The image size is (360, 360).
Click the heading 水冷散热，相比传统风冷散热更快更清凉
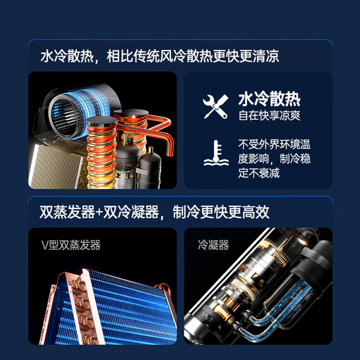[x=160, y=56]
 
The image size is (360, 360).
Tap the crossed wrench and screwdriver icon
[x=216, y=107]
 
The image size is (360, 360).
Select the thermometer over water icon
[x=216, y=153]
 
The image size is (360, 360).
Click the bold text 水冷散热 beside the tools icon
[x=269, y=99]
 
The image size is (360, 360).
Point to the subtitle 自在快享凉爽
[x=269, y=116]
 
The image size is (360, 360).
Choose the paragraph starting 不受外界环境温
[x=274, y=159]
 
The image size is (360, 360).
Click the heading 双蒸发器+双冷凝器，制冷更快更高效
[x=154, y=212]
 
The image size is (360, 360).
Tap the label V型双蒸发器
[x=71, y=245]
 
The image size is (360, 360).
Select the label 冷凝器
[x=213, y=245]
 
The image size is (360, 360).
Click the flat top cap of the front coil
[x=102, y=120]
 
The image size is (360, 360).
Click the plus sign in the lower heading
[x=100, y=212]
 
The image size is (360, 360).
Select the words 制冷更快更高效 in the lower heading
[x=221, y=212]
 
